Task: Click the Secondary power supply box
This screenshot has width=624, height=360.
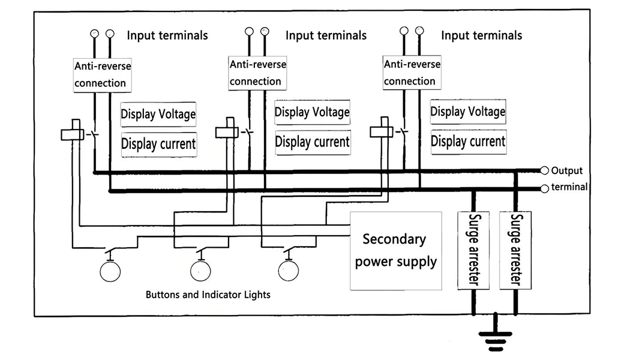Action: (x=395, y=250)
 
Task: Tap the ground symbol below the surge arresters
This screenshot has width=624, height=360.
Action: (x=495, y=340)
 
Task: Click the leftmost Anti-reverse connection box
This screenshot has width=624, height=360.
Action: (x=102, y=74)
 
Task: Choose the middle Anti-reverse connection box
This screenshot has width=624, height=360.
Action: (x=257, y=72)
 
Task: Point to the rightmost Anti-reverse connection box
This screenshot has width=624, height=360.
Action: (x=412, y=72)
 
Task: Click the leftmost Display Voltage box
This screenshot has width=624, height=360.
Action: (x=158, y=114)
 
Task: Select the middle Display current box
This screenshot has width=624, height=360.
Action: (x=312, y=142)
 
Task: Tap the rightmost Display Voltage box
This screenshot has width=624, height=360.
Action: (x=467, y=112)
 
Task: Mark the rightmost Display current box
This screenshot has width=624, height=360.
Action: (x=468, y=142)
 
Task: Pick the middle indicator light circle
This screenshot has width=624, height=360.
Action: (x=200, y=271)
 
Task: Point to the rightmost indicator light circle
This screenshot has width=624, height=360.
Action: (x=289, y=271)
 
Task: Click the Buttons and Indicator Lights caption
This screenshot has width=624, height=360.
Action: (x=208, y=295)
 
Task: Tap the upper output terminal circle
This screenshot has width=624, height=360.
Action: (x=545, y=170)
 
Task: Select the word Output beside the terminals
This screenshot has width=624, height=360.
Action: (x=566, y=170)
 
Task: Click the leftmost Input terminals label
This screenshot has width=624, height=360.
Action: (x=167, y=35)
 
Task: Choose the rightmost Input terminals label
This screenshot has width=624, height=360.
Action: (x=481, y=35)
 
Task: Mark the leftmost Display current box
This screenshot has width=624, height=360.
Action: (x=158, y=144)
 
